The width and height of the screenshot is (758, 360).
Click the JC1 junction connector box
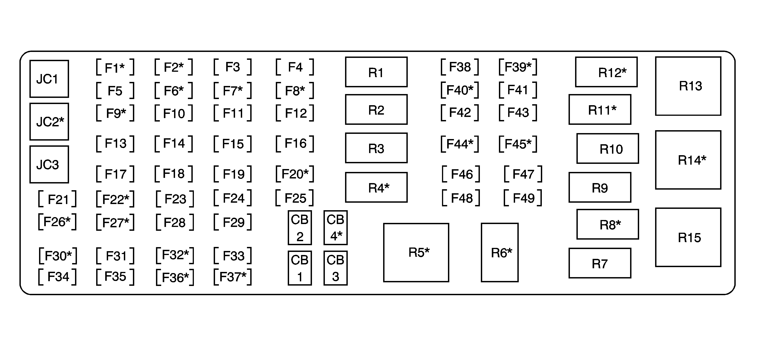point(49,79)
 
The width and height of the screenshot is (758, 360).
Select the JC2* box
point(49,122)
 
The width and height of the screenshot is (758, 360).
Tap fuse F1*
point(115,67)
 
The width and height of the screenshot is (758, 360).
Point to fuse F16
point(295,143)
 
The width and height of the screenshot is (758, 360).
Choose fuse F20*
point(295,174)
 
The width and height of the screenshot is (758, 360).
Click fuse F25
point(295,198)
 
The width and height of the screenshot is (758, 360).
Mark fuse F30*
point(58,256)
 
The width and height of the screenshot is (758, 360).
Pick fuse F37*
point(233,277)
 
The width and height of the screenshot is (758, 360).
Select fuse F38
point(460,67)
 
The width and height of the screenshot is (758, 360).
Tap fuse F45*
point(518,144)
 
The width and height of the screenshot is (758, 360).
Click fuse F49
point(523,198)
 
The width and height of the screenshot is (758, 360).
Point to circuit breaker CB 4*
point(335,228)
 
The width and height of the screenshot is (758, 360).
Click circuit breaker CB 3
point(335,268)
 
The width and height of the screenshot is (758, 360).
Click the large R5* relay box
point(416,252)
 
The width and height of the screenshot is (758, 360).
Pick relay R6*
point(500,252)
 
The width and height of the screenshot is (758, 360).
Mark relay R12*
point(606,72)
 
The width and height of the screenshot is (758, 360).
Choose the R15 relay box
point(688,237)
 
